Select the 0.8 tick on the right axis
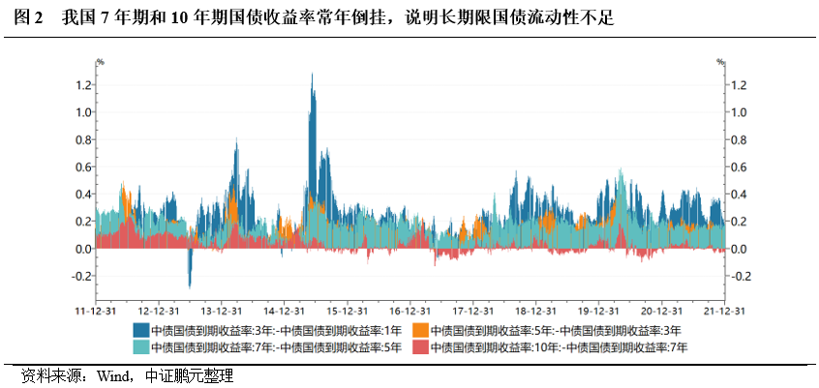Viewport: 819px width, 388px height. click(738, 139)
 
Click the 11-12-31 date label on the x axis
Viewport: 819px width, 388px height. click(96, 312)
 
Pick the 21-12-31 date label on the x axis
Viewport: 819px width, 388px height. click(723, 312)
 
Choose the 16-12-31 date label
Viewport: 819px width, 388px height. click(409, 312)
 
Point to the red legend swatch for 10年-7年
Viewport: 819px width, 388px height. click(420, 346)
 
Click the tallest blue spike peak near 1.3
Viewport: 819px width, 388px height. click(312, 75)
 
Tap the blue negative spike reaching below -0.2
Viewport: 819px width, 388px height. click(190, 284)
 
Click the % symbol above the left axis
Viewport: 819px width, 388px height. click(99, 63)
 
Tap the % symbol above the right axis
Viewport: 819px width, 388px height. click(720, 63)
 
